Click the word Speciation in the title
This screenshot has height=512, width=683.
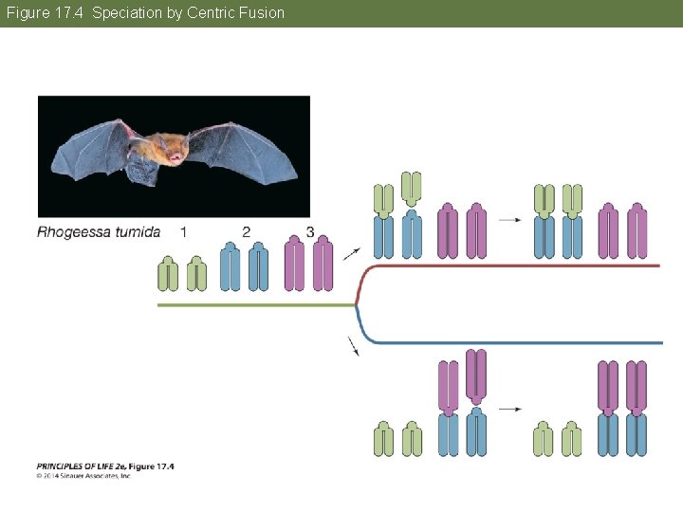(x=127, y=13)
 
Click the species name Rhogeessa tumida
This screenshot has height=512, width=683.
(x=99, y=232)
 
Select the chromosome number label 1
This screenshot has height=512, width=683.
(x=183, y=232)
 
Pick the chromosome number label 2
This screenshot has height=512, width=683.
(x=246, y=232)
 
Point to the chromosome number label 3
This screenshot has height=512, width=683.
(x=310, y=232)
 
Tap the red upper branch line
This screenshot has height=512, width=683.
(x=512, y=265)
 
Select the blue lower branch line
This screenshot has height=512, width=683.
(x=512, y=342)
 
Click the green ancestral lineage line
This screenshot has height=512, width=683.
(x=256, y=305)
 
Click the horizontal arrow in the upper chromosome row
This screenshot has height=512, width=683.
(x=510, y=220)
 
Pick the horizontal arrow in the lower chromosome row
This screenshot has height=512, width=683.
(x=510, y=410)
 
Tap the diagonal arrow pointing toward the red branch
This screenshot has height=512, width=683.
(x=351, y=253)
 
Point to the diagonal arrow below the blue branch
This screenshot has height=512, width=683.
(x=355, y=347)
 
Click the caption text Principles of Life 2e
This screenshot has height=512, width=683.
(x=104, y=466)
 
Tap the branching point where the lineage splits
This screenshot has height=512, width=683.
(x=357, y=304)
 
